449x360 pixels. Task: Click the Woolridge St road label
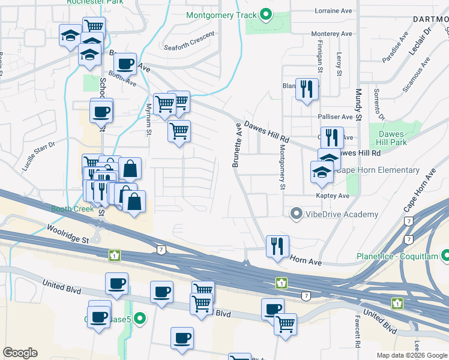tap(68, 233)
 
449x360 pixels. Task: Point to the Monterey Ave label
tap(332, 35)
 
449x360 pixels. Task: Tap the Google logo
tap(20, 353)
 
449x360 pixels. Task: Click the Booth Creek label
tap(73, 209)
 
